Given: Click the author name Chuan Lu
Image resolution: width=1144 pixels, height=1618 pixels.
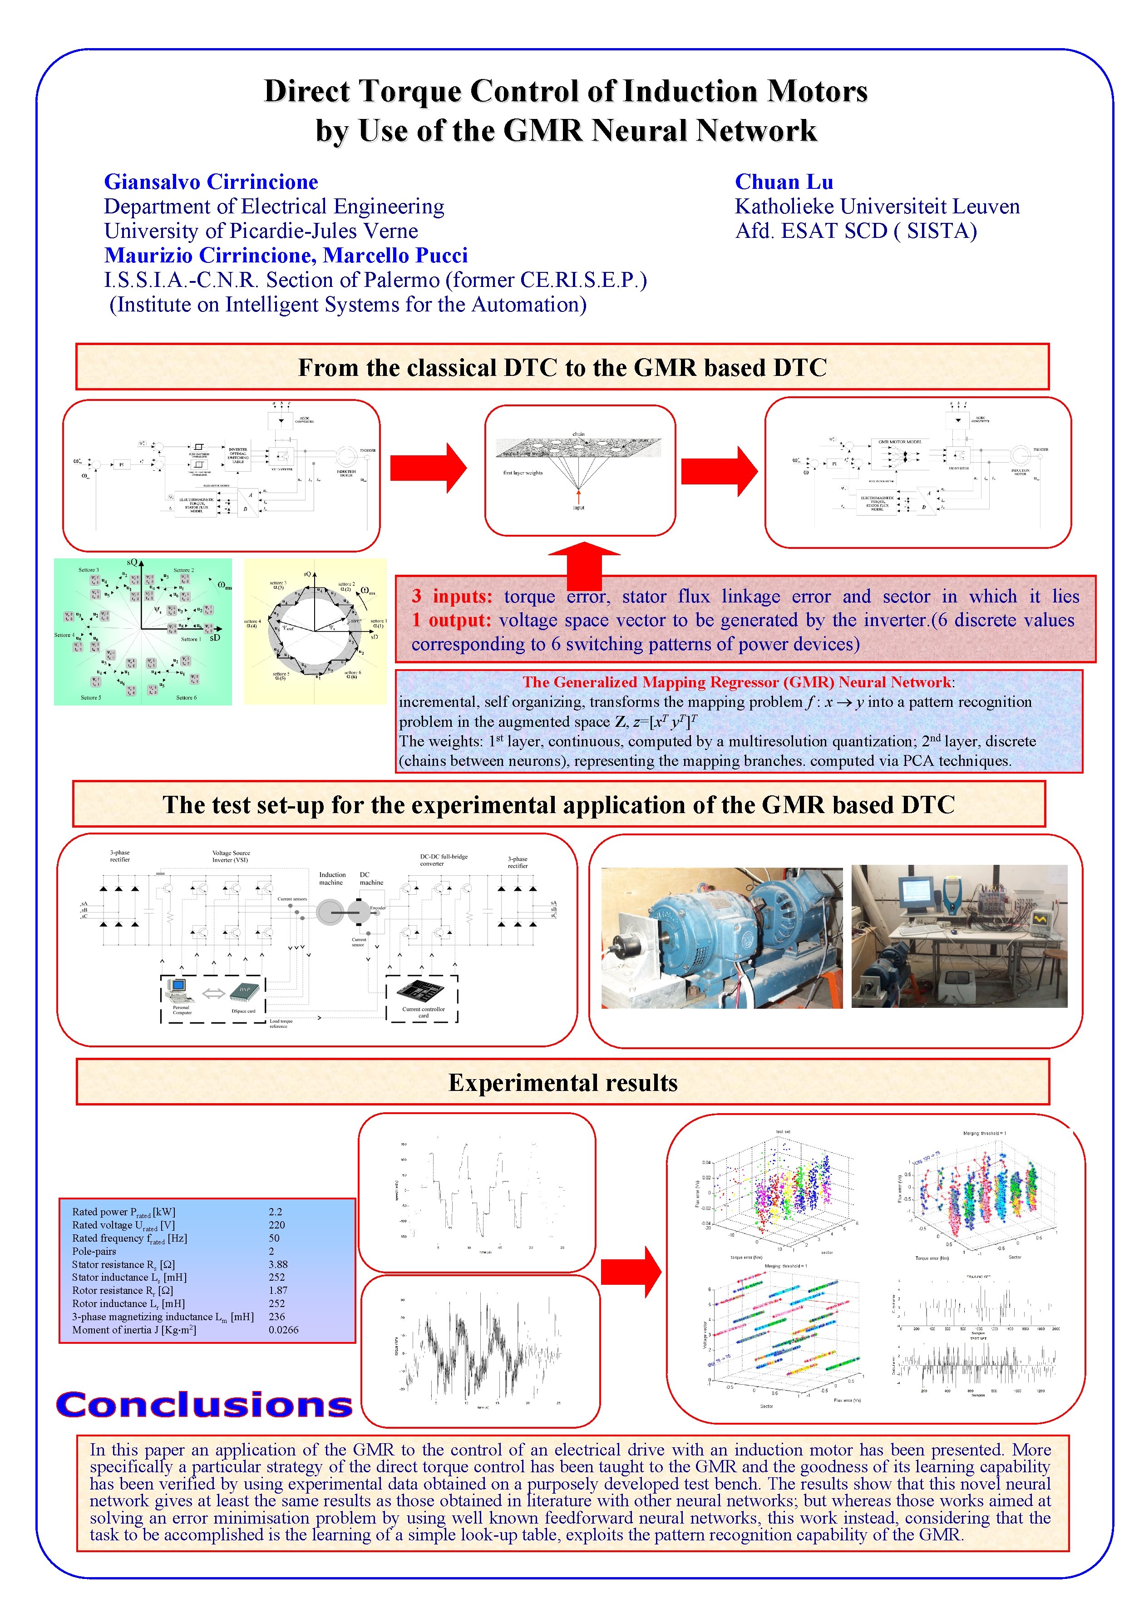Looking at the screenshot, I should (x=784, y=182).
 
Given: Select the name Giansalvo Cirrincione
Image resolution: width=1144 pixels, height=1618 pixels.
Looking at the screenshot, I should (x=211, y=182).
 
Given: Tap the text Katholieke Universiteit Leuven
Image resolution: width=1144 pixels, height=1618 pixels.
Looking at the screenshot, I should (x=877, y=207).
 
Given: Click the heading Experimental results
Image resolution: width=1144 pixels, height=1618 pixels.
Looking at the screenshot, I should (x=562, y=1082).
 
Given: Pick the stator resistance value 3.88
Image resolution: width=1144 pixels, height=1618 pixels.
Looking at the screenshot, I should (x=278, y=1264).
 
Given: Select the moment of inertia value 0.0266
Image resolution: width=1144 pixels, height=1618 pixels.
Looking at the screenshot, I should (x=283, y=1330).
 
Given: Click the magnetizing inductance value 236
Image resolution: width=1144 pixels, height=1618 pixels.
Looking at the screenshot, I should (x=276, y=1317).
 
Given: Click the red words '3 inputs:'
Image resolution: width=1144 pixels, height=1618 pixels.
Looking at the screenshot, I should (x=452, y=596).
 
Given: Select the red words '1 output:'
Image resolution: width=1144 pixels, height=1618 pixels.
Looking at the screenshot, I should (x=451, y=620).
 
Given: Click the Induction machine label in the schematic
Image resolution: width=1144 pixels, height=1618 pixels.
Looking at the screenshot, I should (x=332, y=878).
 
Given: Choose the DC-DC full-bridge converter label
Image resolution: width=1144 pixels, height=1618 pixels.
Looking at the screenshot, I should (x=444, y=860).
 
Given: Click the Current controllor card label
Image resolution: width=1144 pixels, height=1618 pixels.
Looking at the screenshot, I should (x=423, y=1012).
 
